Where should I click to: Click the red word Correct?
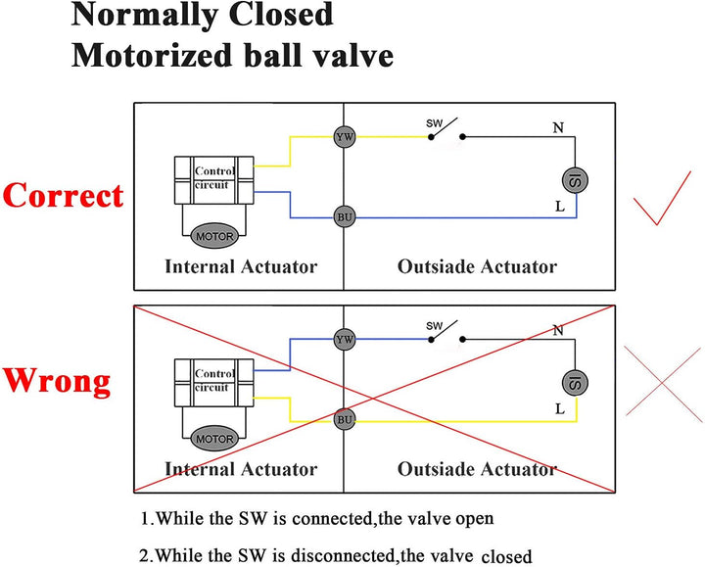point(63,195)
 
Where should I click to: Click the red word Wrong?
point(56,380)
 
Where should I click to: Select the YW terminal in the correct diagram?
point(344,137)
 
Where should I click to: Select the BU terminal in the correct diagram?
point(344,216)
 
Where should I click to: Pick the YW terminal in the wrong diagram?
point(344,339)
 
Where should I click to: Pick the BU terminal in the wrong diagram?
point(344,419)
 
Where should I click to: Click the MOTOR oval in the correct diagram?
point(214,237)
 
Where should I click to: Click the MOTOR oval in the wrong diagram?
point(214,439)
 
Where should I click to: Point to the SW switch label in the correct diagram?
point(434,123)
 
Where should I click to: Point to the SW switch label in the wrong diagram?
point(434,325)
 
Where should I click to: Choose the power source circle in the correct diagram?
point(575,178)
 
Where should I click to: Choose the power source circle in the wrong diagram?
point(575,381)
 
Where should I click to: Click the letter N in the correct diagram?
point(557,127)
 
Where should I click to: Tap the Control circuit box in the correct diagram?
point(213,176)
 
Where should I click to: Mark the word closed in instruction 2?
point(506,556)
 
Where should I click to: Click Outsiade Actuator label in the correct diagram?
point(477,266)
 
